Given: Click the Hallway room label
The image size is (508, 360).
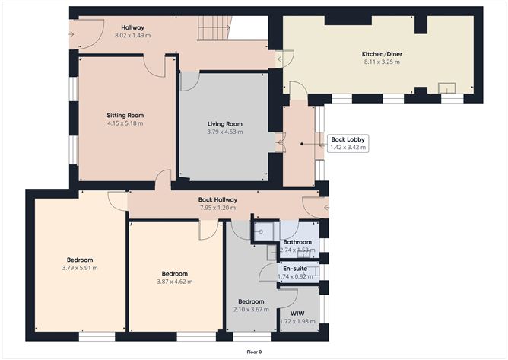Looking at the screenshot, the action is point(132,27).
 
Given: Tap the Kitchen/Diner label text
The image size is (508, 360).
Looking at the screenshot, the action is point(382,54).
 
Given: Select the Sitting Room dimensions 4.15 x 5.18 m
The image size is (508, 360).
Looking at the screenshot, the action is point(125,123).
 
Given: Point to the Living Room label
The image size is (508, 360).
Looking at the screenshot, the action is point(225,124).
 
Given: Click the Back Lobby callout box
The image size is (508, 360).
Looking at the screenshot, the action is point(348,143).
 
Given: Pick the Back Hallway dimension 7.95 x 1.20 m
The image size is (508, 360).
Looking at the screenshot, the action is point(217,208).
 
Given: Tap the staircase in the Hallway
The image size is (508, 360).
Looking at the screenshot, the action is point(214,28).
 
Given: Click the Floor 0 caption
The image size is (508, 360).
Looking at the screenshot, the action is point(254,352).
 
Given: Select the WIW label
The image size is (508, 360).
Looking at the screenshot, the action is point(297,314).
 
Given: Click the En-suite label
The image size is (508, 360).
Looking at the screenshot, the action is point(295,269).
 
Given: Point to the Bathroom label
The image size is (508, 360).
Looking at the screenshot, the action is point(297,242).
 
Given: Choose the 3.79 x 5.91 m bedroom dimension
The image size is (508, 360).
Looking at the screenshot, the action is point(80,268).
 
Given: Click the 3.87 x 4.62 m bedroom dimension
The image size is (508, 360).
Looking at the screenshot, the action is point(175,282).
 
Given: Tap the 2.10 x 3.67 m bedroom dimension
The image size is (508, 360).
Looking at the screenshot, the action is point(251,310).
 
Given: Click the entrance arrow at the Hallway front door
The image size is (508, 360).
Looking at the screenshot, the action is point(71,34).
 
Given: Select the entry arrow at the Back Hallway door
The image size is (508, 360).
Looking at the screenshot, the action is point(326,207).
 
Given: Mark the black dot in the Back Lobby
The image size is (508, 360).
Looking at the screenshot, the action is point(302,144).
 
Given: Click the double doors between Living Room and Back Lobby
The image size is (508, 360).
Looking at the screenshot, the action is point(281,142).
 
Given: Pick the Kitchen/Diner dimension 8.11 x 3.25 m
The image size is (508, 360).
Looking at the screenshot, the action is point(382,62).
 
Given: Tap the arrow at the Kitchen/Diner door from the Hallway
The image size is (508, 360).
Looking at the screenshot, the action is point(280,59).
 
